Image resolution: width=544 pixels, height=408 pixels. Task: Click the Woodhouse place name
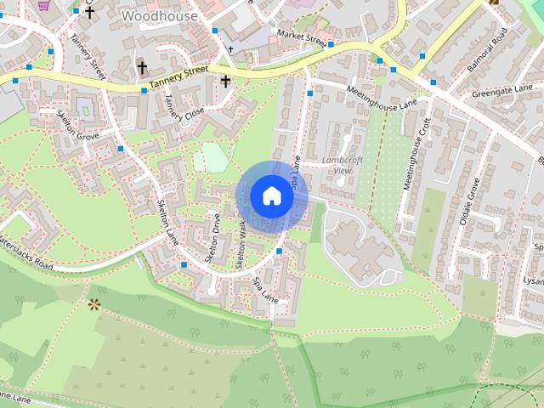(x=160, y=15)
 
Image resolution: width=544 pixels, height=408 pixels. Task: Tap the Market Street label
(x=303, y=38)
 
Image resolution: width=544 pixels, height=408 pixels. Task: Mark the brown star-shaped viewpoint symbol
(x=93, y=303)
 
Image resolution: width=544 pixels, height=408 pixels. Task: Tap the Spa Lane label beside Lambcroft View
(x=296, y=171)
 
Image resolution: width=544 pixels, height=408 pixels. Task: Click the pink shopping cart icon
(x=44, y=5)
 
